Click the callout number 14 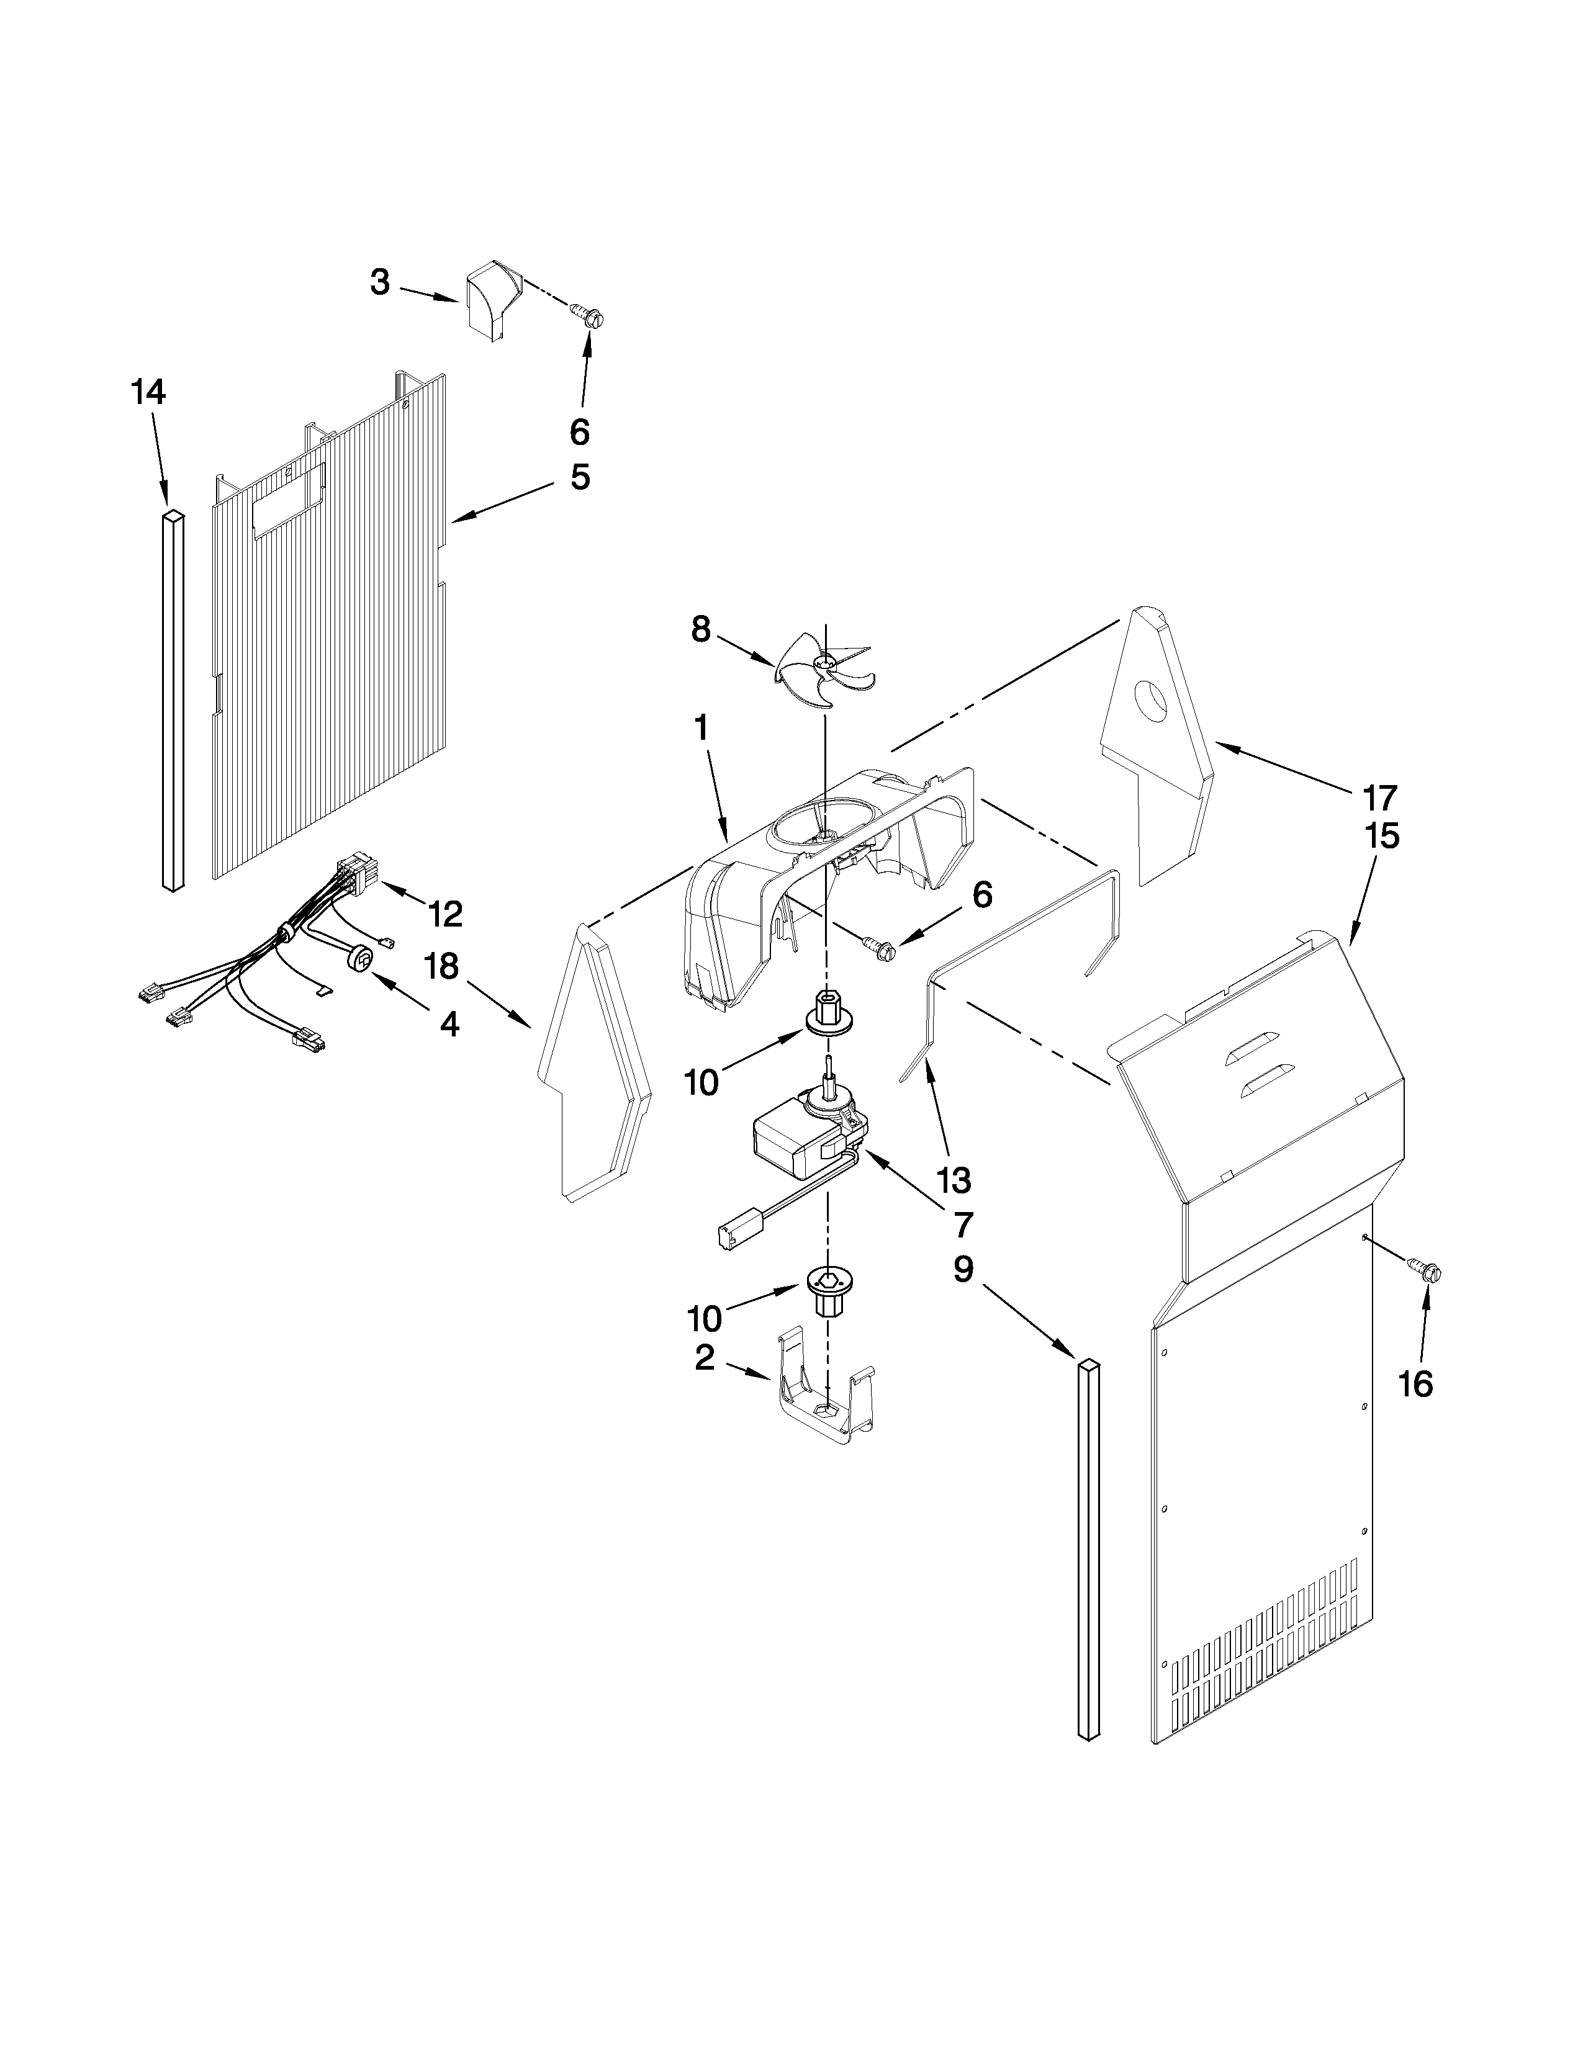point(148,392)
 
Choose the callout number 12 point(446,914)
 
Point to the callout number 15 point(1382,835)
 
